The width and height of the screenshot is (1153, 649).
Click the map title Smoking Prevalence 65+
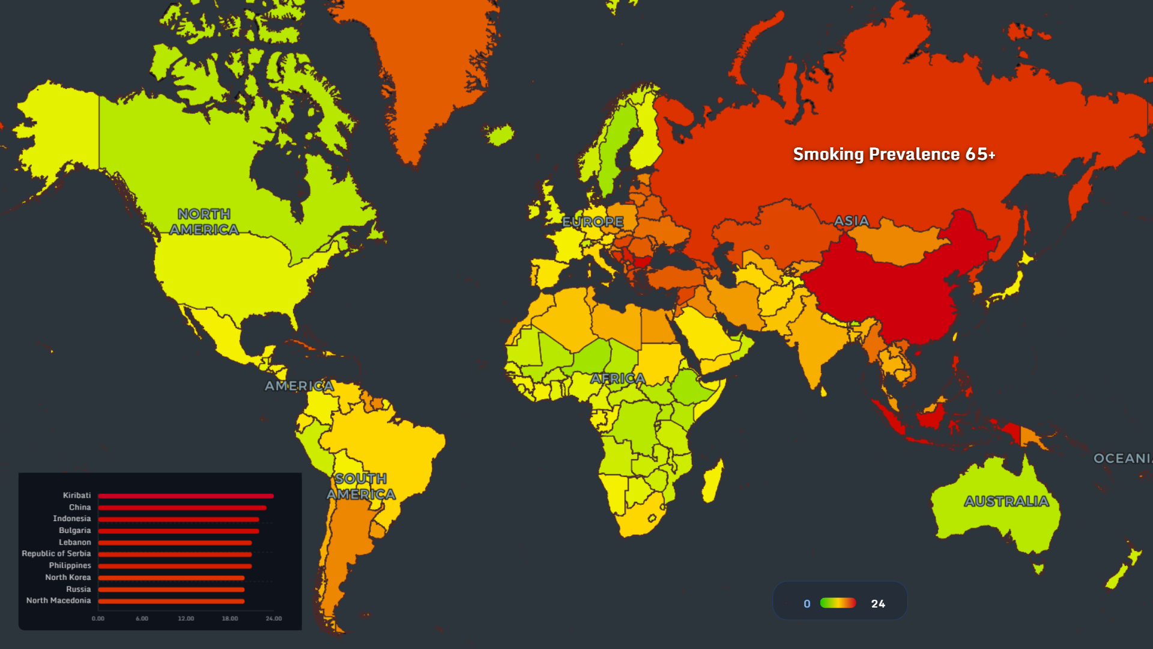coord(894,154)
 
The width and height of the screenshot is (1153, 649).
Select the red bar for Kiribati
coord(186,496)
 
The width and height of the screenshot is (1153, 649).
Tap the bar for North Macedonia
coord(171,601)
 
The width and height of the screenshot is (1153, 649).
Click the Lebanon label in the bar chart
coord(74,543)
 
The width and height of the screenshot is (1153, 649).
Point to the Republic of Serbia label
coord(56,554)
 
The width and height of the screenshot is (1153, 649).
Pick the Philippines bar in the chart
coord(175,566)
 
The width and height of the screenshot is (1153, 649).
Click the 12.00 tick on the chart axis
coord(186,618)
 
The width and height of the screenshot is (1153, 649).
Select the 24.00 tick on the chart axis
coord(274,618)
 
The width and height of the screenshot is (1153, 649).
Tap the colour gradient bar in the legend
coord(838,603)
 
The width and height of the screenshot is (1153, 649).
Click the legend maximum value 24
coord(878,604)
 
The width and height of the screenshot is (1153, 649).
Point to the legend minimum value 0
coord(807,604)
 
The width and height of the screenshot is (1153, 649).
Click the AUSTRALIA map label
coord(1006,501)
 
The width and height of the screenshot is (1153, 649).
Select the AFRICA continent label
coord(617,379)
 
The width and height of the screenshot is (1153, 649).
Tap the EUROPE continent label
coord(593,222)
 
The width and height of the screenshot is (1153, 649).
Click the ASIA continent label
coord(852,221)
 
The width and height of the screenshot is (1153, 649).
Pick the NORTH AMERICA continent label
coord(204,222)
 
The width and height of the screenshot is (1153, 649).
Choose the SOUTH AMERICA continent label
coord(361,487)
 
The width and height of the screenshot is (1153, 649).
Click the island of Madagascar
coord(713,481)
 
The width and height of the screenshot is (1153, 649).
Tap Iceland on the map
coord(500,135)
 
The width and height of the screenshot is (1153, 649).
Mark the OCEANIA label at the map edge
coord(1122,459)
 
